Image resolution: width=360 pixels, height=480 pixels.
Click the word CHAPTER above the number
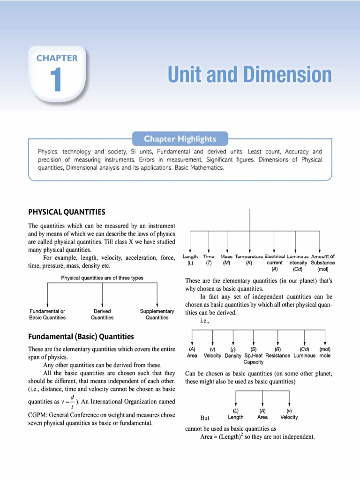[57, 58]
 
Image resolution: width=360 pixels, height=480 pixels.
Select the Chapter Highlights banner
[180, 139]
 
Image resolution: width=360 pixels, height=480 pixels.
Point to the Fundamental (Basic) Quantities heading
[81, 337]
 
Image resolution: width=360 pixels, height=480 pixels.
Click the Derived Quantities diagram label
[102, 314]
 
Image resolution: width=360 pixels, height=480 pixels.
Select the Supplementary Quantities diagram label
[157, 314]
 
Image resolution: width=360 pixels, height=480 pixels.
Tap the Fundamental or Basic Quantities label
[48, 314]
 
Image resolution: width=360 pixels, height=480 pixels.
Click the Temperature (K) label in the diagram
[249, 260]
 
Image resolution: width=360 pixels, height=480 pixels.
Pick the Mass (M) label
[227, 260]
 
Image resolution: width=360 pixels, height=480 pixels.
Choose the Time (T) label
[209, 260]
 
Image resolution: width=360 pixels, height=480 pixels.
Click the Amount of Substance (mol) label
[322, 263]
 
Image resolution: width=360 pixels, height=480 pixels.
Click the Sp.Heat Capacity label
[254, 359]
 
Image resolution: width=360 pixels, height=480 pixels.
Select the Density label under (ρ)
[233, 355]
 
